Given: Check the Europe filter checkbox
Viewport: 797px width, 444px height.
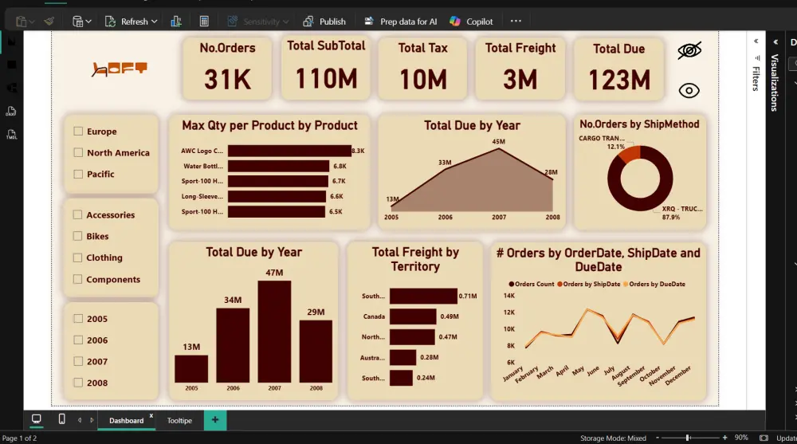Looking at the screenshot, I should pos(78,132).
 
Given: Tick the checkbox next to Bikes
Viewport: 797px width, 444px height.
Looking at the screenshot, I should pos(78,236).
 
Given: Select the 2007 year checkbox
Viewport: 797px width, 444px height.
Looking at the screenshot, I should pos(78,361).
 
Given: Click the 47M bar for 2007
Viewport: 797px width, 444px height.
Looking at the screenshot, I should pos(274,331).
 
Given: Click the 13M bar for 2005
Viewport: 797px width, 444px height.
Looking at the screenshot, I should pos(191,368).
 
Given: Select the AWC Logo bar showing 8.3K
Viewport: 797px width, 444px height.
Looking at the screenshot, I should pos(289,151).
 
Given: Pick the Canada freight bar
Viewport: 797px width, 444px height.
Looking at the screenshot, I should pos(413,316).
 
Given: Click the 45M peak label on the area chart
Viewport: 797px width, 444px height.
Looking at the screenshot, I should pos(498,142).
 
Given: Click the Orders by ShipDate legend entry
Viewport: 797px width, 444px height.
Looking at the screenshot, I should pos(591,284).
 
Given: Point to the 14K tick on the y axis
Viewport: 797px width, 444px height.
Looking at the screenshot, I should pos(508,296).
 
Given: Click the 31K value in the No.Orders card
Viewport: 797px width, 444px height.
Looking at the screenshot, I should pos(227,79).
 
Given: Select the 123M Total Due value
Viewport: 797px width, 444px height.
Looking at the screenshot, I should pos(619,79).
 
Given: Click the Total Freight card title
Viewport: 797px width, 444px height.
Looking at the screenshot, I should pos(520,48).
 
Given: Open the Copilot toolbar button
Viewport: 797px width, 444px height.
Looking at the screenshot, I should pos(471,22).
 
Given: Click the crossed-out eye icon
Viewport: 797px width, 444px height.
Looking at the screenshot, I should pos(689,51).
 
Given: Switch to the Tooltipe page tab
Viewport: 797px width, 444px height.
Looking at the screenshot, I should pos(179,420).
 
